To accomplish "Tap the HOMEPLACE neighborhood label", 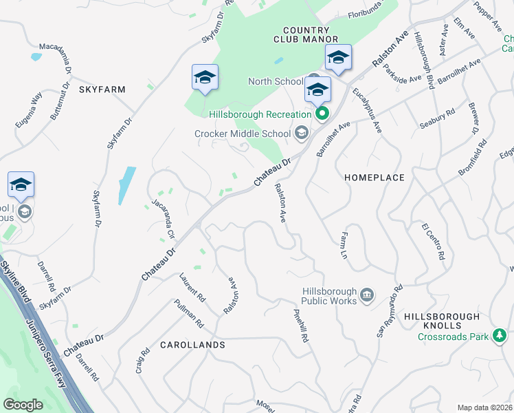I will pos(374,178).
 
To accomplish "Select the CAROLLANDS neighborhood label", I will pos(192,344).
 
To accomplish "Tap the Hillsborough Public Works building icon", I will pos(366,295).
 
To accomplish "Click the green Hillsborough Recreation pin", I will pos(321,114).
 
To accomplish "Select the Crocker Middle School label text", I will pos(243,134).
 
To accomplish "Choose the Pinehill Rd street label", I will pos(300,324).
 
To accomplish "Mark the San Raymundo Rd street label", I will pos(388,313).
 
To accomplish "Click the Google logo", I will pos(23,405).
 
